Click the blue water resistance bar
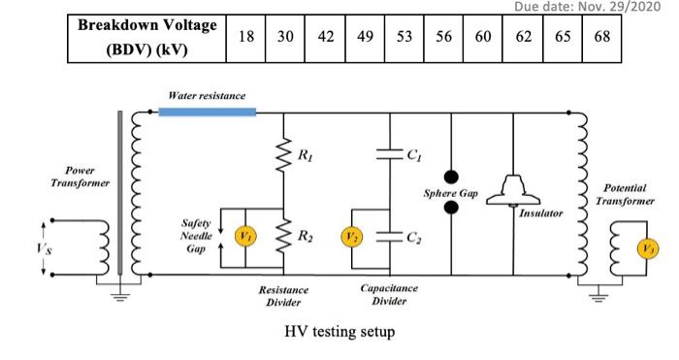coord(207,112)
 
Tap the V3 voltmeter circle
coord(644,247)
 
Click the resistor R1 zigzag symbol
coord(283,153)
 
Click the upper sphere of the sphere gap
coord(451,179)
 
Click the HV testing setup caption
coord(339,332)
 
